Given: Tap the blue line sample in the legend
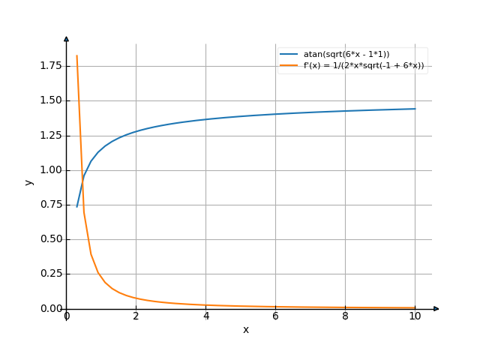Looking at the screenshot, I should point(289,54).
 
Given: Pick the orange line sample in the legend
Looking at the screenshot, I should point(289,65).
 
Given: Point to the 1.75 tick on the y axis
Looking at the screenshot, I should point(50,66).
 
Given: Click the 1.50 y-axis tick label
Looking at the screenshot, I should point(50,100).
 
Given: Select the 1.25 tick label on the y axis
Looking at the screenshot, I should point(50,136).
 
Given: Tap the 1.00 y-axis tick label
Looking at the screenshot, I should point(50,170).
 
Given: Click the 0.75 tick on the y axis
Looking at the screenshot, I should point(50,205).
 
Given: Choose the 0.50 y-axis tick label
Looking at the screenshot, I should point(50,239).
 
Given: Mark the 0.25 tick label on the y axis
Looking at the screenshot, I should point(50,274).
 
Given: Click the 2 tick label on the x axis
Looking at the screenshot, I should point(136,316).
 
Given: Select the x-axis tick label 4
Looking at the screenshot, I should point(205,316).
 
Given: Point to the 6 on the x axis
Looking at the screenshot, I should point(275,316).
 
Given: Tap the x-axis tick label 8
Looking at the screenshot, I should point(345,316).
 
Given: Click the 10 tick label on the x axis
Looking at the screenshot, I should point(415,316).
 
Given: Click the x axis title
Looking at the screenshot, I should point(245,330).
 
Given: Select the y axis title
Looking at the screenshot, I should point(28,182).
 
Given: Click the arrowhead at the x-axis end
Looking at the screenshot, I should point(436,309).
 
